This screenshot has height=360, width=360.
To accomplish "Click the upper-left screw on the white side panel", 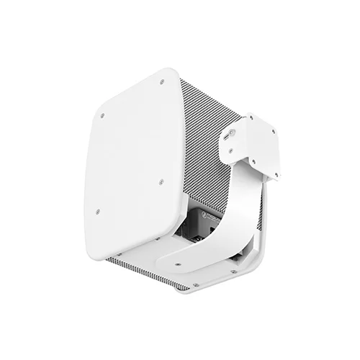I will (102, 115).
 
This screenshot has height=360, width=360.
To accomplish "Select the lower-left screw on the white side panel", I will (97, 212).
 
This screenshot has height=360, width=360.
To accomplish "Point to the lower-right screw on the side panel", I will (161, 181).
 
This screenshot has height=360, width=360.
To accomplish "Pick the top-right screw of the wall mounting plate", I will (272, 130).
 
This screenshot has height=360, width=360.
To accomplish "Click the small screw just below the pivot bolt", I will (230, 151).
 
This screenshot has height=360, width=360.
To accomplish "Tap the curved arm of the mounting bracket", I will (238, 209).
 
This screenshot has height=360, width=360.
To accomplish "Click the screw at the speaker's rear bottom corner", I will (233, 271).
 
